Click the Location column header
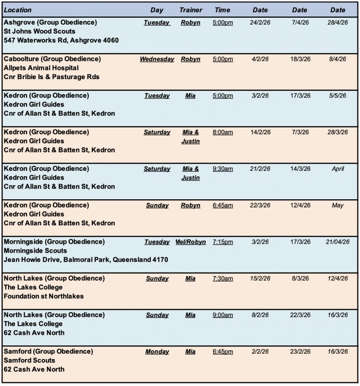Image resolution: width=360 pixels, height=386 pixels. click(x=17, y=10)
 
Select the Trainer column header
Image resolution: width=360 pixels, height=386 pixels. click(x=191, y=10)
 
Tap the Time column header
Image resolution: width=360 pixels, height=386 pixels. click(x=223, y=10)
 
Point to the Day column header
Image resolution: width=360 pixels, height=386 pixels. click(x=157, y=10)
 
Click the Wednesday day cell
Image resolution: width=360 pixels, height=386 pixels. click(x=157, y=59)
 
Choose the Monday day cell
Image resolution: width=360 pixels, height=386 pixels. click(x=157, y=352)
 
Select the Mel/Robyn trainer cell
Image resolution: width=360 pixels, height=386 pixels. click(x=191, y=242)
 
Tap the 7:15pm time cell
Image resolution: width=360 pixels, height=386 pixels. click(x=223, y=242)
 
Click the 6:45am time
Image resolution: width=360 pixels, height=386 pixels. click(x=223, y=206)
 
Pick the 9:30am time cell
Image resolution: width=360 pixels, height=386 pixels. click(x=223, y=169)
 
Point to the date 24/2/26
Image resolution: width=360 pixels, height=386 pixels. click(x=261, y=23)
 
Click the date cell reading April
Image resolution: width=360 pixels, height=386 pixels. click(x=338, y=169)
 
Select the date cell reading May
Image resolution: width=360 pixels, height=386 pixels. click(x=338, y=206)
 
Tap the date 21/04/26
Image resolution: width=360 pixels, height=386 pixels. click(x=338, y=242)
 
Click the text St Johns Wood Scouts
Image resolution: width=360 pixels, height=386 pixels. click(x=40, y=31)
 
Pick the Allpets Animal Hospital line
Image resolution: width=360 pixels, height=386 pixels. click(x=41, y=68)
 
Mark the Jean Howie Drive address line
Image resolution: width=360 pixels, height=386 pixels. click(x=86, y=260)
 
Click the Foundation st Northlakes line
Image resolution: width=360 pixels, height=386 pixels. click(x=43, y=296)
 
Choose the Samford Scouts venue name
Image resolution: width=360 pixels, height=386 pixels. click(x=29, y=360)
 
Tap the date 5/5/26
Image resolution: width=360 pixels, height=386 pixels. click(x=338, y=96)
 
